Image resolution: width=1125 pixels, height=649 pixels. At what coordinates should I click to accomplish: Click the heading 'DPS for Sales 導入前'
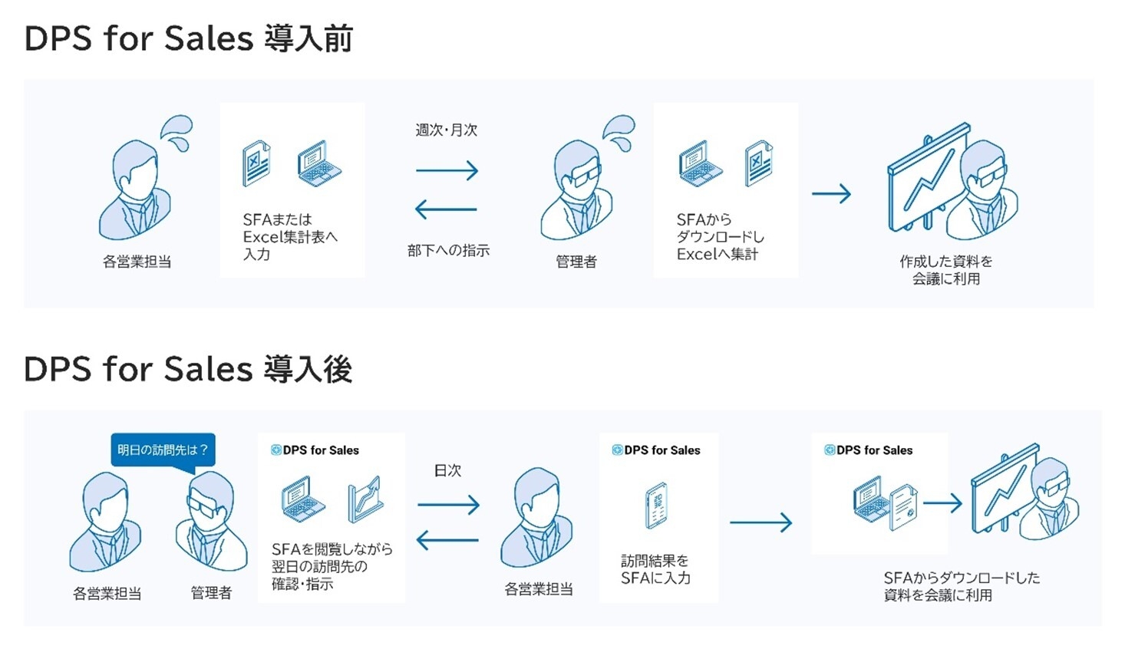[x=188, y=38]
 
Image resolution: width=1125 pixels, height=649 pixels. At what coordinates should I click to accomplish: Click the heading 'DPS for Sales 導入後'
[x=188, y=369]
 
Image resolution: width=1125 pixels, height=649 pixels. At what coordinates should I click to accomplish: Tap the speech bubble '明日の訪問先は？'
[x=163, y=450]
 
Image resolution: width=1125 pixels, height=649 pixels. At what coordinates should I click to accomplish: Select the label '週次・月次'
[x=447, y=130]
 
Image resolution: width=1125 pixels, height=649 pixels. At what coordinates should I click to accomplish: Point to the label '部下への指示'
[x=448, y=250]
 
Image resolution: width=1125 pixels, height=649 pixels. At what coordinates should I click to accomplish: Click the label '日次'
[x=447, y=470]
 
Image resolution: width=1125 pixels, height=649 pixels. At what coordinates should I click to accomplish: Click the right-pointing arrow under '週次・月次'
[x=447, y=170]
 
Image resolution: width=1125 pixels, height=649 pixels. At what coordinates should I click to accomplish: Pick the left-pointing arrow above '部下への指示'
[x=446, y=209]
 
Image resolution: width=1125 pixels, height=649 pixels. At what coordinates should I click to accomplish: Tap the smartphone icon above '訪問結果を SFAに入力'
[x=657, y=505]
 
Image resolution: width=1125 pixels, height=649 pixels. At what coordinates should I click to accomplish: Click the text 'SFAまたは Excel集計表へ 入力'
[x=289, y=236]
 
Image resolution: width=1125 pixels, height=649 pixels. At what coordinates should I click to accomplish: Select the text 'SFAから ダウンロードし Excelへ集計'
[x=720, y=236]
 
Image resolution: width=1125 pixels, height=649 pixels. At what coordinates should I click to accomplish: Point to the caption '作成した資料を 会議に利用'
[x=945, y=270]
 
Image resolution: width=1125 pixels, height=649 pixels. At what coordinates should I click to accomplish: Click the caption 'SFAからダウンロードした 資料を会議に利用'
[x=961, y=586]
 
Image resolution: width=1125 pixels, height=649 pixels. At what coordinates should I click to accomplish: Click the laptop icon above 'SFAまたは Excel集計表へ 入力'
[x=318, y=163]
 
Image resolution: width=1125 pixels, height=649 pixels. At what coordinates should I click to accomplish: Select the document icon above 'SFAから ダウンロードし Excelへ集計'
[x=758, y=163]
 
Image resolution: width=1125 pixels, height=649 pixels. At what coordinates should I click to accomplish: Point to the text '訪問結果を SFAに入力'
[x=655, y=569]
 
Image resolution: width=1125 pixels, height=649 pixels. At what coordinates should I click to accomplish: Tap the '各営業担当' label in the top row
[x=137, y=262]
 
